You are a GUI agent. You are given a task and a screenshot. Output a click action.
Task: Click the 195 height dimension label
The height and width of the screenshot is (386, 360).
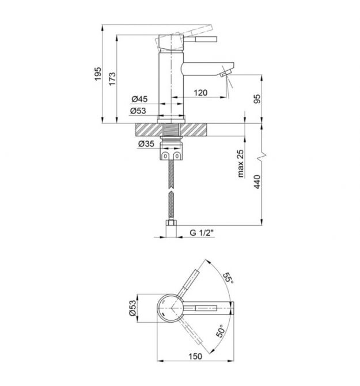click(98, 74)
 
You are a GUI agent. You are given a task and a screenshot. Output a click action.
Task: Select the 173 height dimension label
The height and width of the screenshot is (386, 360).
click(112, 79)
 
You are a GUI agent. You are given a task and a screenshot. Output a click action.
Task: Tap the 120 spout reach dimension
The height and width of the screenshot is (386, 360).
click(200, 93)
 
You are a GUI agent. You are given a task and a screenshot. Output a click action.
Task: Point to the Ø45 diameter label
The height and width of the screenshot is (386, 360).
click(139, 99)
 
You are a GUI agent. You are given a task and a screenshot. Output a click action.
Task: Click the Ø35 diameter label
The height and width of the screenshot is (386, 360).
click(146, 143)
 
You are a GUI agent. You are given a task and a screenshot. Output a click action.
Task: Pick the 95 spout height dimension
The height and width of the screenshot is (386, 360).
click(257, 99)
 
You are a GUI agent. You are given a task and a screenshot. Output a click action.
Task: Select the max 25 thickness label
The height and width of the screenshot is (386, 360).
click(240, 164)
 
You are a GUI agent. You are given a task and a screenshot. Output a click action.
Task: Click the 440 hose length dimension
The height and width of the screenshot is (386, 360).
click(257, 181)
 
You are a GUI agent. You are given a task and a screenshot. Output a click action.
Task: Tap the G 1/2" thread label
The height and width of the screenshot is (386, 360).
click(201, 232)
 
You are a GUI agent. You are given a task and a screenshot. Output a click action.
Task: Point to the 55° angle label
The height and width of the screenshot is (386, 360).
click(228, 278)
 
